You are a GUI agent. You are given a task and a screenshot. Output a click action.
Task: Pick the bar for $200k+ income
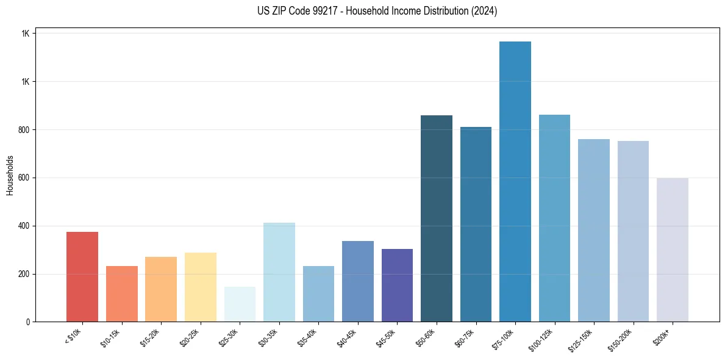click(x=673, y=250)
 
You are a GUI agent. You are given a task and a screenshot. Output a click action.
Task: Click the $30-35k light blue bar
click(x=279, y=272)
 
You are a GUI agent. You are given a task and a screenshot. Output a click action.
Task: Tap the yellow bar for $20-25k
click(x=201, y=287)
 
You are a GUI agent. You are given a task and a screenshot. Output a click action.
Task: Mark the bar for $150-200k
click(x=633, y=231)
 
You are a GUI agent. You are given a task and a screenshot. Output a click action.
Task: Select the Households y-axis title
click(x=10, y=175)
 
